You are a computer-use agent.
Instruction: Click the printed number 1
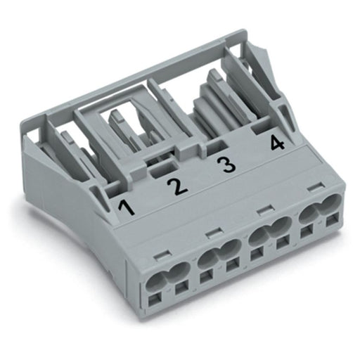coord(127,206)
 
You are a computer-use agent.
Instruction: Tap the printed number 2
coord(177,186)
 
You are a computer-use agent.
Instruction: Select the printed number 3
coord(226,165)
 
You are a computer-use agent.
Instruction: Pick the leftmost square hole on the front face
coord(154,301)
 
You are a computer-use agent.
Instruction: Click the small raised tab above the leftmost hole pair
coord(162,256)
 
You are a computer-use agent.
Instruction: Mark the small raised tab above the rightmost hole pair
coord(315,188)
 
